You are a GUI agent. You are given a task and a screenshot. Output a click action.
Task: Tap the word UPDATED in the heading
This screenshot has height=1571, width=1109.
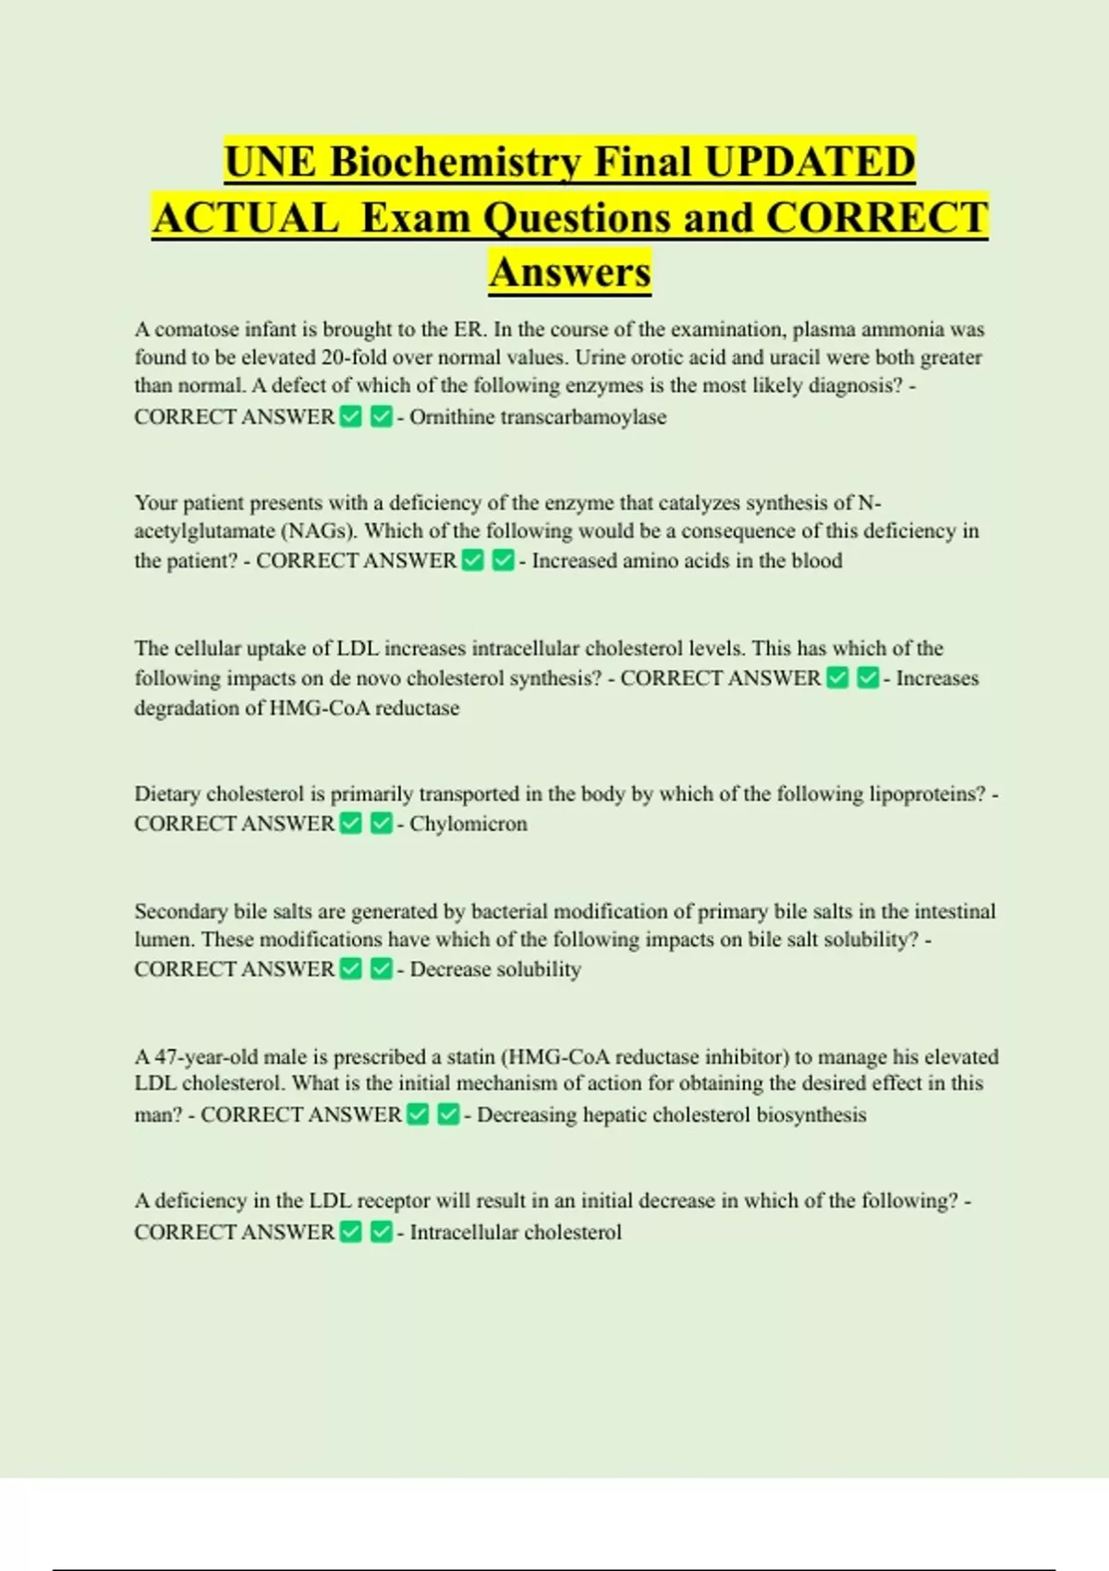[x=809, y=162]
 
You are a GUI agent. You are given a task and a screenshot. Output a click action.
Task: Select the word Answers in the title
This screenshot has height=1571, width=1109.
[x=570, y=273]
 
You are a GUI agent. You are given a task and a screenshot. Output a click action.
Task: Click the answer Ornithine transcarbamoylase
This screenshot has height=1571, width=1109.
[x=538, y=418]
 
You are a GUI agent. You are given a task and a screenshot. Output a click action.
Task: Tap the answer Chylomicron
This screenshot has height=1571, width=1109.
[x=469, y=824]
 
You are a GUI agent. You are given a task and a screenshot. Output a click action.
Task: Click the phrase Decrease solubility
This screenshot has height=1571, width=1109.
[x=495, y=969]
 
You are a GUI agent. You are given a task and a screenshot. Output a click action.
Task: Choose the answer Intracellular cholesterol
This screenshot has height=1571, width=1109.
[x=516, y=1233]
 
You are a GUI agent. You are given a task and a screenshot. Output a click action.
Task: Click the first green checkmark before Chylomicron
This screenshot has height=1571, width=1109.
[x=351, y=823]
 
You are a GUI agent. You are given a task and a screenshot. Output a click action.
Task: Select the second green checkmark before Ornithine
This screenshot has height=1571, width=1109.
[x=381, y=418]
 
